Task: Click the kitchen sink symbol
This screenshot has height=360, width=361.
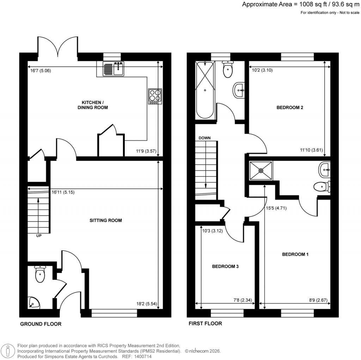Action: (113, 68)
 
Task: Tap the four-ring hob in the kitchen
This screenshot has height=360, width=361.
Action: (155, 95)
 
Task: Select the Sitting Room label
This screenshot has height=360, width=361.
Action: (105, 221)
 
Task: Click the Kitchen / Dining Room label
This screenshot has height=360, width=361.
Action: (93, 104)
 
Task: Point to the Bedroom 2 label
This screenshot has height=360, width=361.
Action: (290, 108)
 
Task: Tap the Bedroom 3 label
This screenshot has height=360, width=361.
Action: (225, 266)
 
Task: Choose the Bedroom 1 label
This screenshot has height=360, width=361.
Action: (295, 254)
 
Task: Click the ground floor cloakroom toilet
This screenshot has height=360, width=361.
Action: (40, 274)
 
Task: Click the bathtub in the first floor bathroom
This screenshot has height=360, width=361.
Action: (205, 90)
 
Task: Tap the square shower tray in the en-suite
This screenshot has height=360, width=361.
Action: (261, 170)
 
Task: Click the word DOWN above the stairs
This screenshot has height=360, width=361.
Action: (205, 138)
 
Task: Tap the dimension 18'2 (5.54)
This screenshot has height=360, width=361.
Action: (146, 303)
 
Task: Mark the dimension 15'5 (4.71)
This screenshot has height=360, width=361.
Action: (276, 208)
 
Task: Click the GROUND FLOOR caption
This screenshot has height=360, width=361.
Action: (41, 324)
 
